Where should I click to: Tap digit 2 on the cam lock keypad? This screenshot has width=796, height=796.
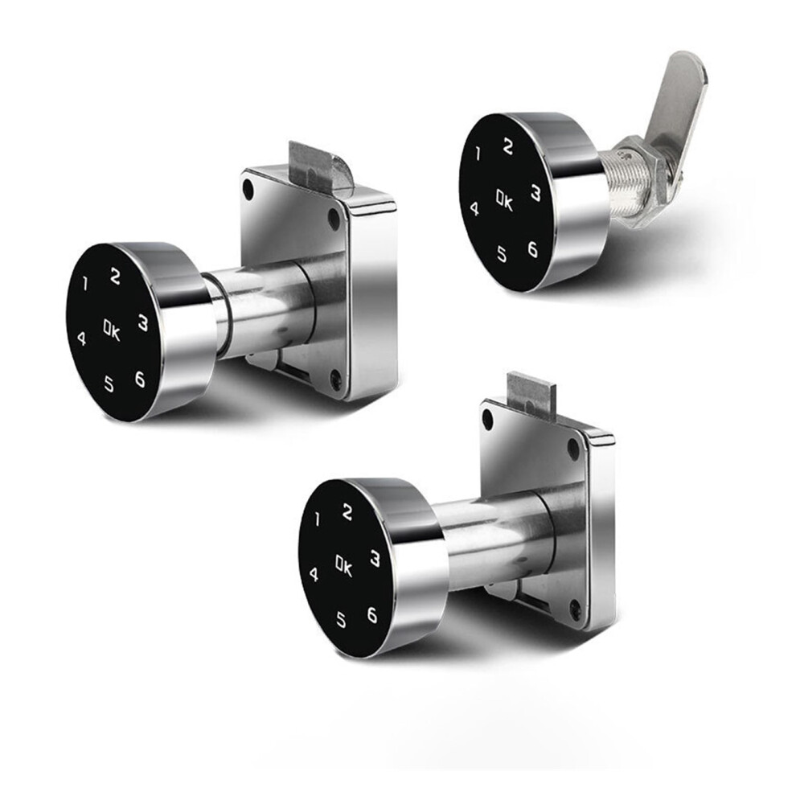click(507, 146)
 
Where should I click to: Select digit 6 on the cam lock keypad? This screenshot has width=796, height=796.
click(532, 248)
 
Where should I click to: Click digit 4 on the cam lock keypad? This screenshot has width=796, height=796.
click(474, 208)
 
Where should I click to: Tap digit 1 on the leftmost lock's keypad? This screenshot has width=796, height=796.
click(84, 284)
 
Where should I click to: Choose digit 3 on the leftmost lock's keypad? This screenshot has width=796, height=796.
click(144, 323)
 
